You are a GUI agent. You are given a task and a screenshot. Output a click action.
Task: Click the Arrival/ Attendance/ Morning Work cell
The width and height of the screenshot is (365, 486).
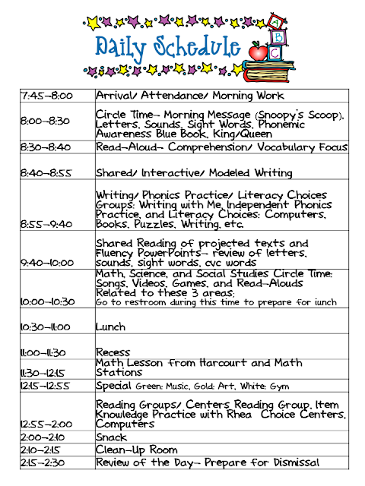[189, 96]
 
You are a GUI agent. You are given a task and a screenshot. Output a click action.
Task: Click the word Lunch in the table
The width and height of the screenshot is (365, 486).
[110, 327]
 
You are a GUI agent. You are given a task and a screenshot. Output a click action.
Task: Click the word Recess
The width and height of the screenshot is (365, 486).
[113, 352]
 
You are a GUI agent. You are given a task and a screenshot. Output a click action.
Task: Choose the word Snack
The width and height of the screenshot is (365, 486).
[111, 438]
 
